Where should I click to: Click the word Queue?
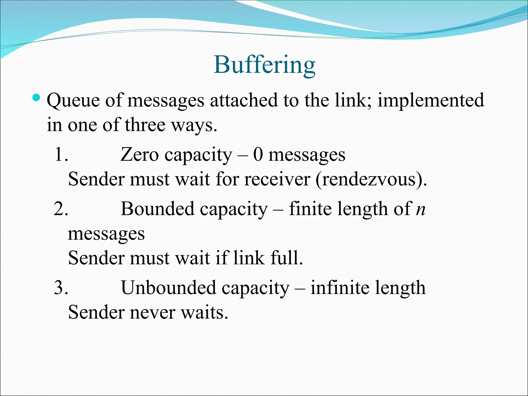pos(73,101)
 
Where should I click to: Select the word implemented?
pos(431,101)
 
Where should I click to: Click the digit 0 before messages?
pos(258,155)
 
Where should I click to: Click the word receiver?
pos(277,179)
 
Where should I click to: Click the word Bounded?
pos(158,209)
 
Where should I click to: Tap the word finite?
pos(310,209)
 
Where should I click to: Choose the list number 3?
pos(61,287)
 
